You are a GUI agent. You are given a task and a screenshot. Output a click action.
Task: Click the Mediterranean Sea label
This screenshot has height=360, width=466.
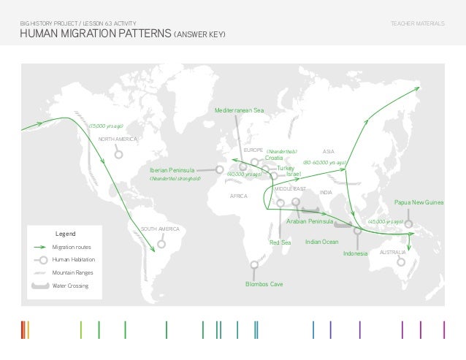(x=239, y=110)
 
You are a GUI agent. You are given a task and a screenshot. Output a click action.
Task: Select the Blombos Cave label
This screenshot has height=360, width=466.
(x=264, y=283)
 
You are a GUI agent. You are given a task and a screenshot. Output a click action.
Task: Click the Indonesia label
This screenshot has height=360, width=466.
(x=354, y=254)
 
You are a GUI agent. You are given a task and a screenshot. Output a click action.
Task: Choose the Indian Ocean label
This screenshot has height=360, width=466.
(x=321, y=241)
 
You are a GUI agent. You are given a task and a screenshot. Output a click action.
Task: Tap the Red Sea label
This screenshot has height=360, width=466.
(x=280, y=242)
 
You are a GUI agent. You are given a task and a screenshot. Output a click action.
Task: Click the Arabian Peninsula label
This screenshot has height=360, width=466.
(x=310, y=221)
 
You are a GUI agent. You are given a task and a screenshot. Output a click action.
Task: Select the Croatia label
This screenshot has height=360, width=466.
(x=274, y=158)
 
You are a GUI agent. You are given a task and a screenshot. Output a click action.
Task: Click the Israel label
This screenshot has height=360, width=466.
(x=294, y=175)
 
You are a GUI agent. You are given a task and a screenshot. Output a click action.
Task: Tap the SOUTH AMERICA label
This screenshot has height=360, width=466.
(x=160, y=229)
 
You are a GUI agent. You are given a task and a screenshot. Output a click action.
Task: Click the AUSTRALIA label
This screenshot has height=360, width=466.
(x=393, y=252)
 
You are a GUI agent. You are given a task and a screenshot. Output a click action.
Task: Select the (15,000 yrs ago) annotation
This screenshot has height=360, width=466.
(x=107, y=126)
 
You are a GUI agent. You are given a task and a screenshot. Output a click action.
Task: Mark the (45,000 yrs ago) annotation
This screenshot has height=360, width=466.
(x=386, y=221)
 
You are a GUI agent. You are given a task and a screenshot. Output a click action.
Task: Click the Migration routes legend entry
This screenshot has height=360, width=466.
(x=72, y=248)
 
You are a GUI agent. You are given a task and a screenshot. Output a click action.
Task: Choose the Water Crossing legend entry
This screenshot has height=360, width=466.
(x=70, y=286)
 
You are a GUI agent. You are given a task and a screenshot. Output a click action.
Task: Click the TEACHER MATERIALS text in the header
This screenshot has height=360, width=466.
(x=417, y=24)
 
